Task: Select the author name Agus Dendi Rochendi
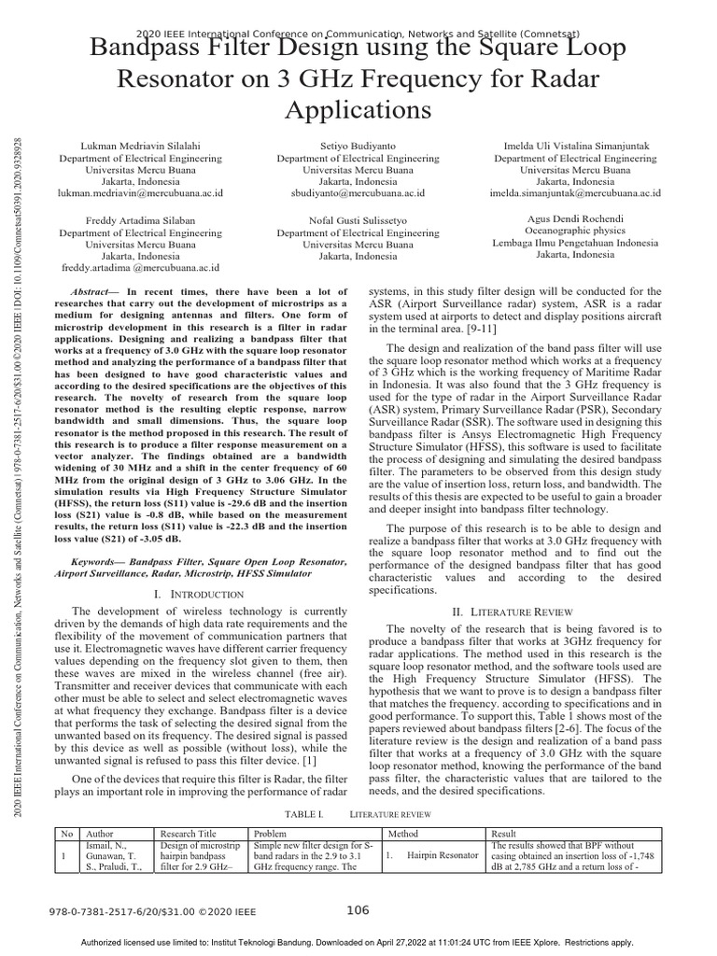(575, 218)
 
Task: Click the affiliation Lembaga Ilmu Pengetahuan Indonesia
(575, 243)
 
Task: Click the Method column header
(403, 834)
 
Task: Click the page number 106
(358, 910)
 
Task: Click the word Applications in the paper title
(358, 109)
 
